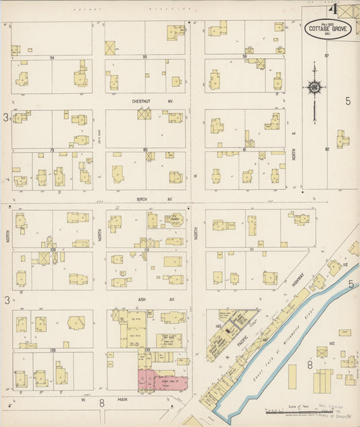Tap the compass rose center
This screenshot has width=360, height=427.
point(315,87)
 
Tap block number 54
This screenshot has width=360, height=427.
point(52,58)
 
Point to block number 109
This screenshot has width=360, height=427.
point(51,249)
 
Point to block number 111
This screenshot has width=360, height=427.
point(250,249)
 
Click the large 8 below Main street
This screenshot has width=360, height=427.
point(102,403)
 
